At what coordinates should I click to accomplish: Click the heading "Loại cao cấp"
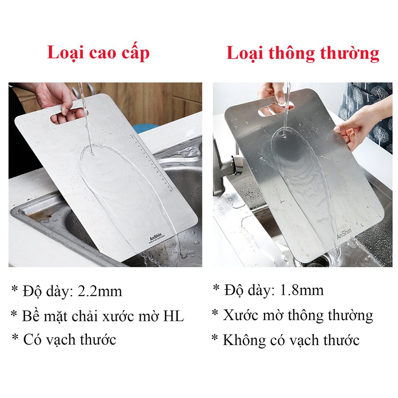(98, 53)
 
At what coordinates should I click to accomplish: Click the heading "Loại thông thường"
(303, 53)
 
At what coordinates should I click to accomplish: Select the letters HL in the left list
(173, 316)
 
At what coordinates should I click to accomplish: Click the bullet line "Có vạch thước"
(64, 340)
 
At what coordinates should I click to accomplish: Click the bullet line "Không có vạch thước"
(285, 340)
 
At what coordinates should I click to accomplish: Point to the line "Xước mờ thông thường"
(292, 315)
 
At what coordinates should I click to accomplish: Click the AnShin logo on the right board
(344, 232)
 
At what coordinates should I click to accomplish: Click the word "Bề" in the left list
(30, 316)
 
